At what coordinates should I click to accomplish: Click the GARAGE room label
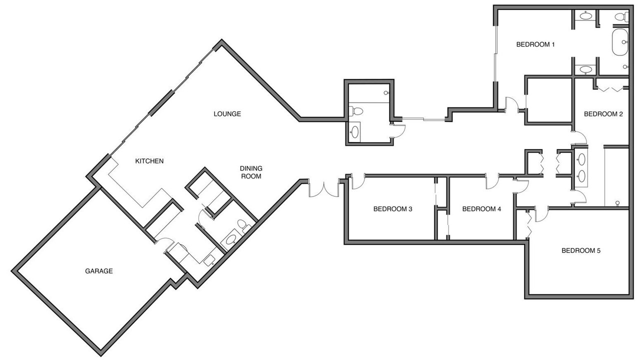coord(99,271)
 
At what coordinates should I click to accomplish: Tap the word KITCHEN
coord(149,161)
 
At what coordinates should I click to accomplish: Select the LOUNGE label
coord(227,114)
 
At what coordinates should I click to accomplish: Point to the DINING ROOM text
coord(251,172)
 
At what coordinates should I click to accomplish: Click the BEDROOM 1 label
coord(535,44)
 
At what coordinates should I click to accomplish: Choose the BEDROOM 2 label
coord(603,114)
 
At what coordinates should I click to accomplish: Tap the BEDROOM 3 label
coord(393,209)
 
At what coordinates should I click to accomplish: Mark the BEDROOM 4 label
coord(481,209)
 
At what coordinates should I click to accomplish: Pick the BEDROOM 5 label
coord(581,251)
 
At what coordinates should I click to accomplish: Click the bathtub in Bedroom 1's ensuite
coord(620,42)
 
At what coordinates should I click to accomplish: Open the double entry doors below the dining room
coord(324,188)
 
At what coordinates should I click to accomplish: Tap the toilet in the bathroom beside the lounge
coord(356,110)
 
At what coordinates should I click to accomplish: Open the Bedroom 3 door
coord(358,181)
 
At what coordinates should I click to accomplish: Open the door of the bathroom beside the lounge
coord(398,131)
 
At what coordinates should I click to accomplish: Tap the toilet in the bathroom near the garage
coord(243,224)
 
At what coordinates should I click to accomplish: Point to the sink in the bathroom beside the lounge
coord(354,132)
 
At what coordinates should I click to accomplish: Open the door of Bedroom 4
coord(492,181)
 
